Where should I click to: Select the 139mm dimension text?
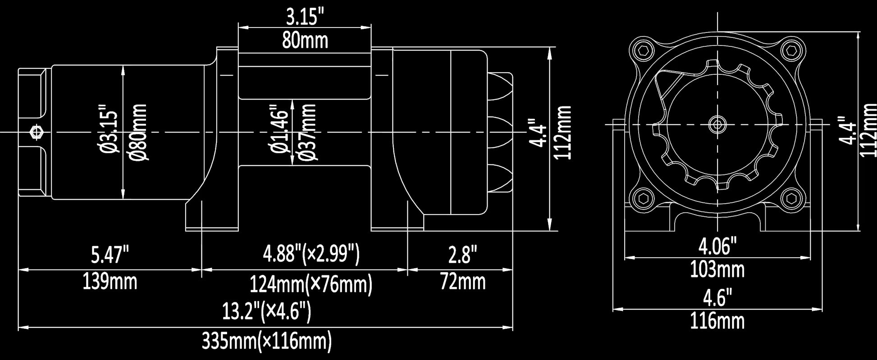pyautogui.click(x=110, y=282)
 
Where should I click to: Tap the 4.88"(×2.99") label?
pyautogui.click(x=311, y=254)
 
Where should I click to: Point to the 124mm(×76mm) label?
pyautogui.click(x=311, y=284)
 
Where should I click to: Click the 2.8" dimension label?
pyautogui.click(x=462, y=255)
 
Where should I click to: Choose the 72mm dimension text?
pyautogui.click(x=463, y=282)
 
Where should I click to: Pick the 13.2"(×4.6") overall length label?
pyautogui.click(x=266, y=311)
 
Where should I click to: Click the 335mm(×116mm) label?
pyautogui.click(x=266, y=342)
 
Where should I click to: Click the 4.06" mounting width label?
pyautogui.click(x=717, y=246)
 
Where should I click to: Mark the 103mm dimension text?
pyautogui.click(x=717, y=270)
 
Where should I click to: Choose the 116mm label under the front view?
pyautogui.click(x=717, y=321)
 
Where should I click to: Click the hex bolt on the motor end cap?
pyautogui.click(x=36, y=132)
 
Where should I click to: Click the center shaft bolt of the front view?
pyautogui.click(x=717, y=124)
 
